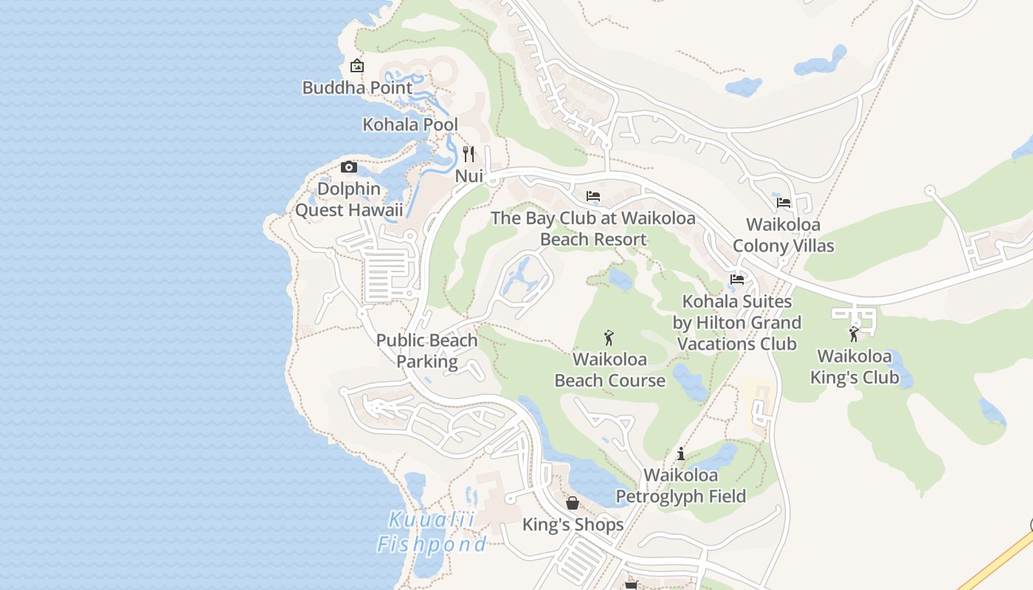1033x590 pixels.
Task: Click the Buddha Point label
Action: point(357,88)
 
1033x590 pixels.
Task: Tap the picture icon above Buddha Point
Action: point(357,66)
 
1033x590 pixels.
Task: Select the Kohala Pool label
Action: point(410,125)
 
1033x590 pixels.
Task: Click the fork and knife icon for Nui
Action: point(469,153)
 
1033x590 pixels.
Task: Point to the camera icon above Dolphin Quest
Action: point(349,167)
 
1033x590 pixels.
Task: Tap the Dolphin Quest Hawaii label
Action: point(349,200)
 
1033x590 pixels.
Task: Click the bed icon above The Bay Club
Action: point(593,196)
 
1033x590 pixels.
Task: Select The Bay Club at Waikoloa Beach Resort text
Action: point(593,229)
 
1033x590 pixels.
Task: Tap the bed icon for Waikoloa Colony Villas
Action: point(784,202)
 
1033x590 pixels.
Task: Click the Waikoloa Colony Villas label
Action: point(784,235)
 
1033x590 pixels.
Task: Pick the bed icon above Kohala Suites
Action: point(736,279)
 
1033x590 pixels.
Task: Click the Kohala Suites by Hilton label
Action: point(736,322)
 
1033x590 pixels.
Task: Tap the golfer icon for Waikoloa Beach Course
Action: point(609,338)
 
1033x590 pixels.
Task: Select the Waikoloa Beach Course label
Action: point(609,370)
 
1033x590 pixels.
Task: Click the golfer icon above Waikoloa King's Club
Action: point(854,334)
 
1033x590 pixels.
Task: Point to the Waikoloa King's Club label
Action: point(854,367)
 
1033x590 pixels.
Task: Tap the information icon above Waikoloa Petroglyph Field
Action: point(681,454)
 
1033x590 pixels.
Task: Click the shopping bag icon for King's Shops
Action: point(573,503)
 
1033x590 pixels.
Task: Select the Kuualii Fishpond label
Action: point(432,532)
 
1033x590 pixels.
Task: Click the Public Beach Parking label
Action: point(427,351)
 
